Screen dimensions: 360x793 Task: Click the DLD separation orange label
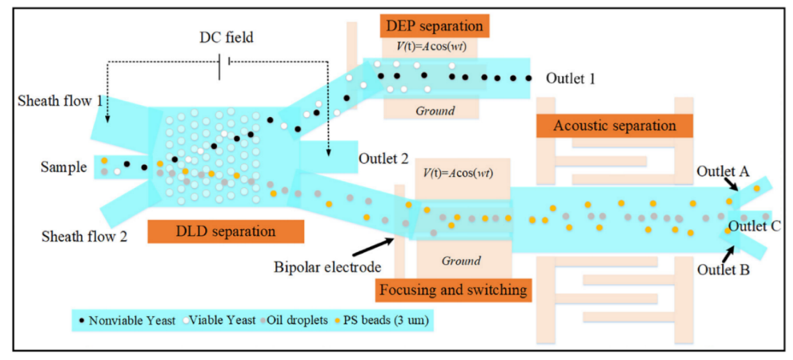click(225, 232)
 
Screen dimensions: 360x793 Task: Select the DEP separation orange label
click(434, 26)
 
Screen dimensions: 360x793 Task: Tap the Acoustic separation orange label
click(614, 126)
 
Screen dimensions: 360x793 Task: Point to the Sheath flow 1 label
click(60, 102)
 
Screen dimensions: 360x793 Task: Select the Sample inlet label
click(63, 167)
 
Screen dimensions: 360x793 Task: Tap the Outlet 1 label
click(571, 79)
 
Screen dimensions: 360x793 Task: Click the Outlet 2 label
click(383, 158)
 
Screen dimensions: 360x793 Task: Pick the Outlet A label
click(723, 171)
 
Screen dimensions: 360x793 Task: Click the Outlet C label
click(754, 226)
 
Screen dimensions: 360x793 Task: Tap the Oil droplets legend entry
click(295, 320)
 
